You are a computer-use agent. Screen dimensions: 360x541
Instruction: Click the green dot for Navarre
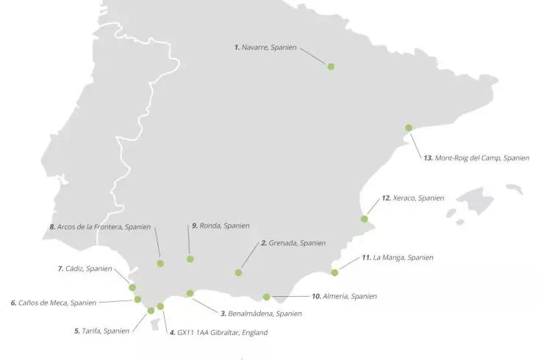click(x=331, y=67)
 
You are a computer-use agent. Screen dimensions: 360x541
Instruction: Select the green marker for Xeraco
click(x=365, y=219)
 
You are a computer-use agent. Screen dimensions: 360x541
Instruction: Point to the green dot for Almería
click(x=266, y=298)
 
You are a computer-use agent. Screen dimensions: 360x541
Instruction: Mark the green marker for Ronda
click(x=190, y=259)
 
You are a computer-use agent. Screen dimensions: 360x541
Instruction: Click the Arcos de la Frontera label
click(x=104, y=227)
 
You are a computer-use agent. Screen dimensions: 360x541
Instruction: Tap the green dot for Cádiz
click(x=132, y=287)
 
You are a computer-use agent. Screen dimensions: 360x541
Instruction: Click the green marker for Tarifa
click(x=151, y=311)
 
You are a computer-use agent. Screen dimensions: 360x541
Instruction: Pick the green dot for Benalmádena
click(x=190, y=293)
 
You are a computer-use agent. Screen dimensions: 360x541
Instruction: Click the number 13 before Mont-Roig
click(x=428, y=157)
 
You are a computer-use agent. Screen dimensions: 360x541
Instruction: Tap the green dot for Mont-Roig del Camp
click(x=409, y=128)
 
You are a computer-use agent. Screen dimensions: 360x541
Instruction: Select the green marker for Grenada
click(x=238, y=273)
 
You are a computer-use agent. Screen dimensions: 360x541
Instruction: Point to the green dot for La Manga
click(x=334, y=273)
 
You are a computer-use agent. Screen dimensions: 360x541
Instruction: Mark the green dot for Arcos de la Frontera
click(x=160, y=263)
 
